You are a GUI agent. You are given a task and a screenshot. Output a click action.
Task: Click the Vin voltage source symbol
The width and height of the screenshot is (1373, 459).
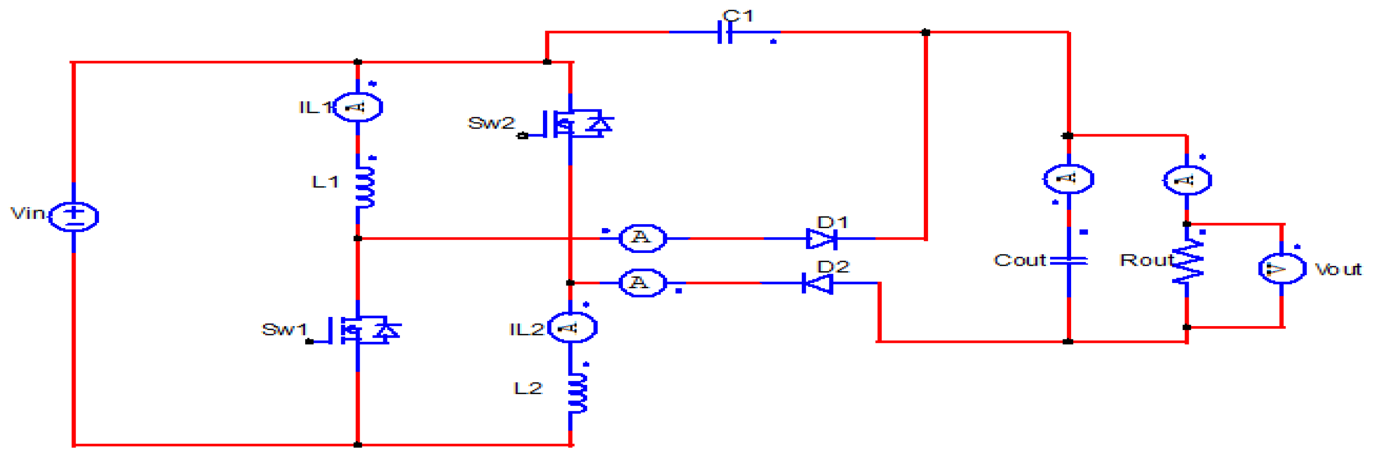tap(74, 216)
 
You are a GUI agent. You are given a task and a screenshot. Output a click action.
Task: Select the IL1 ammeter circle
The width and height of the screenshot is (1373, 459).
tap(358, 107)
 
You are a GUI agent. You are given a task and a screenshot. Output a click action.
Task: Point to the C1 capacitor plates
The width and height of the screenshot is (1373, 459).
tap(725, 33)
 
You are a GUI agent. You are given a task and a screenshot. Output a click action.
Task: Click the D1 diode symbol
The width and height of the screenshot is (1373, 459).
tap(821, 238)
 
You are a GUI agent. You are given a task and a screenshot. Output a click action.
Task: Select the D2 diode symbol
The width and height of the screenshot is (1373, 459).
tap(818, 283)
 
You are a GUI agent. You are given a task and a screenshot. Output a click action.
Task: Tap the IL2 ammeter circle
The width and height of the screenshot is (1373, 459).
tap(572, 327)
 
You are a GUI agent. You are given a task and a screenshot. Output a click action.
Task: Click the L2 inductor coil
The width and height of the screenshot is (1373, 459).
tap(577, 393)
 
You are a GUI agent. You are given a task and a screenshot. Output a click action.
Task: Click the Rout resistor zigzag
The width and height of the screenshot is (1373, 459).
tap(1187, 262)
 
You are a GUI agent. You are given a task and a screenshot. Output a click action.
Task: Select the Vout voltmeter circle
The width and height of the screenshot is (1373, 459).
tap(1282, 268)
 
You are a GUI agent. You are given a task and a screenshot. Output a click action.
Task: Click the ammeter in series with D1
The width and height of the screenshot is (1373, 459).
tap(642, 238)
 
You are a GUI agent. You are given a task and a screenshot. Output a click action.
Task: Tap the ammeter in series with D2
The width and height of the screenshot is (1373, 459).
tap(642, 283)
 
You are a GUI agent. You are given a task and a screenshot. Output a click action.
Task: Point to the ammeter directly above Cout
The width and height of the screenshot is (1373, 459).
tap(1069, 179)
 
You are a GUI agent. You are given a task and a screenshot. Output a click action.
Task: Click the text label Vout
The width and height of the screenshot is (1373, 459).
tap(1338, 270)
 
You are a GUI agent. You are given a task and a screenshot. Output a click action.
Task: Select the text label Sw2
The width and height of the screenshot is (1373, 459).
tap(491, 123)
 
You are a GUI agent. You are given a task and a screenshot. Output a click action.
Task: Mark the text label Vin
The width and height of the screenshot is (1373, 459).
tap(28, 213)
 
